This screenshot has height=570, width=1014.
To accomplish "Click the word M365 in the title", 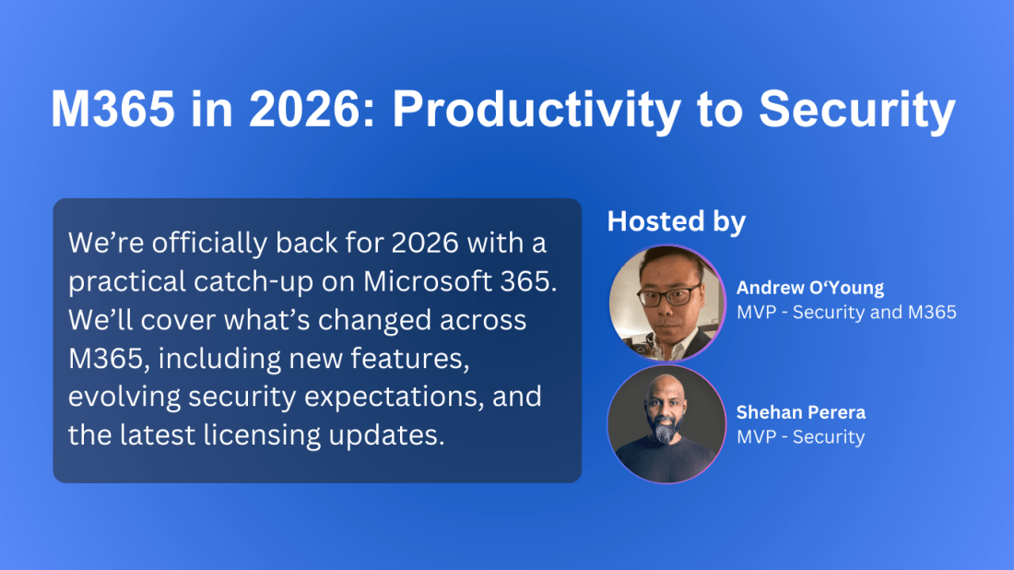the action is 113,108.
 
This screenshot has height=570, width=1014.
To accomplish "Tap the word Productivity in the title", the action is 536,108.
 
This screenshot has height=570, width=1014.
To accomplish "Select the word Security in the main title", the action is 857,108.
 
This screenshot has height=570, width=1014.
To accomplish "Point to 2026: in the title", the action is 312,108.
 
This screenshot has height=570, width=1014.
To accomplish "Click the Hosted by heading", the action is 677,221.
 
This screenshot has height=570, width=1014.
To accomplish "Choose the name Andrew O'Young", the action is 810,287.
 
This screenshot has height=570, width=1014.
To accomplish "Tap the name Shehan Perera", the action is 800,412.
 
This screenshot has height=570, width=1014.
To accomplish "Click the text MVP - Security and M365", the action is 846,313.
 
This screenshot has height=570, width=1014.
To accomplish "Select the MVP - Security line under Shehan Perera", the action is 800,436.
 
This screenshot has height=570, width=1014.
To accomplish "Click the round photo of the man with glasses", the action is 666,303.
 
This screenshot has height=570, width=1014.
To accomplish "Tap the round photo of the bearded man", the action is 666,424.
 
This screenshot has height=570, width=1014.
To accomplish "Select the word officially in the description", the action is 209,243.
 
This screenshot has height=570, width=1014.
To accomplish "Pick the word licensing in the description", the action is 262,435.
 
